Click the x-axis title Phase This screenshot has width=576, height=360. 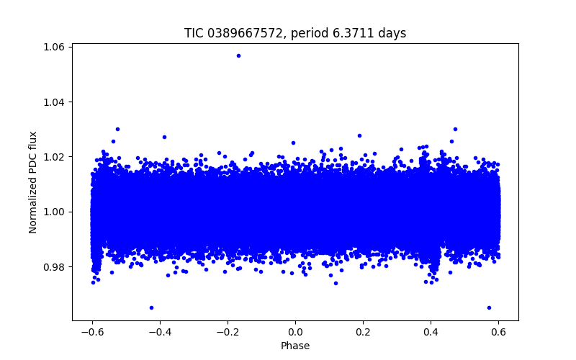[295, 346]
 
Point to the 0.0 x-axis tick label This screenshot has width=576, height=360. [295, 332]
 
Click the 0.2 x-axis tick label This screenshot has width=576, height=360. [363, 332]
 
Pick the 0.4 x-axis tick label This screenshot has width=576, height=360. [431, 332]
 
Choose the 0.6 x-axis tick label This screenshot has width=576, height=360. [498, 332]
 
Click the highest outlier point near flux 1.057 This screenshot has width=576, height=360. [238, 55]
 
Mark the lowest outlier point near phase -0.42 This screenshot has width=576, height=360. [151, 307]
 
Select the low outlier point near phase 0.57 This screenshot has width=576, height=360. [489, 307]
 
